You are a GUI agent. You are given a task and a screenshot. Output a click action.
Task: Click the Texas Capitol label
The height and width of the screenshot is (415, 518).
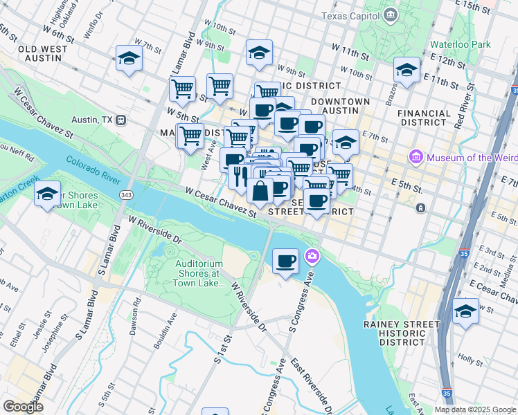click(350, 15)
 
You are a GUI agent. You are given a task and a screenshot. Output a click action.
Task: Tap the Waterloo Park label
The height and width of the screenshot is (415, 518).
click(460, 44)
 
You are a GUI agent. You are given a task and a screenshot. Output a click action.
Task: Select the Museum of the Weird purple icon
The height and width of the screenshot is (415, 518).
click(416, 158)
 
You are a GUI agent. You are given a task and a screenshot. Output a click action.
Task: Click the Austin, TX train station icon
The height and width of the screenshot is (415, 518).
click(120, 120)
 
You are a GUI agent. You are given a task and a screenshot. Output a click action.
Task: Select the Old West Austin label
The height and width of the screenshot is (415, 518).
click(43, 54)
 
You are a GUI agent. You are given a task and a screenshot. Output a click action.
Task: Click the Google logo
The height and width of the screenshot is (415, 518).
click(24, 407)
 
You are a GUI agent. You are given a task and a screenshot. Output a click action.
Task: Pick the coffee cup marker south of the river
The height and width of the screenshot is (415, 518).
click(286, 261)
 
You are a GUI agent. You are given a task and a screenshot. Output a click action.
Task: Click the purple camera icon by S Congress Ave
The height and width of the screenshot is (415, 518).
click(313, 257)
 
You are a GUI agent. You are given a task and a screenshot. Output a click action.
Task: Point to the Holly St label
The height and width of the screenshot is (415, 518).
click(470, 360)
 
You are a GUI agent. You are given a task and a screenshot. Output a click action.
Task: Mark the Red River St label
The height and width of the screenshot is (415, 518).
click(464, 107)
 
